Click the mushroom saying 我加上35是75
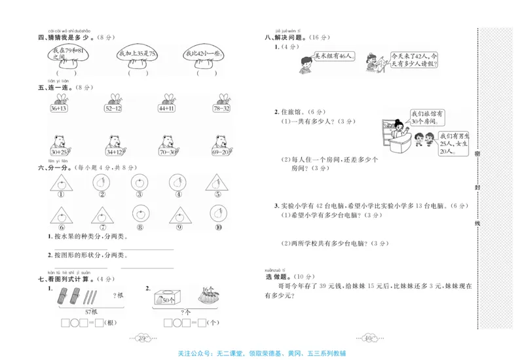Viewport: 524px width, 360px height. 138,56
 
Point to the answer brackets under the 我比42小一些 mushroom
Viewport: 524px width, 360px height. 205,73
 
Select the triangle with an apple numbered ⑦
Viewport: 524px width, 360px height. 102,214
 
